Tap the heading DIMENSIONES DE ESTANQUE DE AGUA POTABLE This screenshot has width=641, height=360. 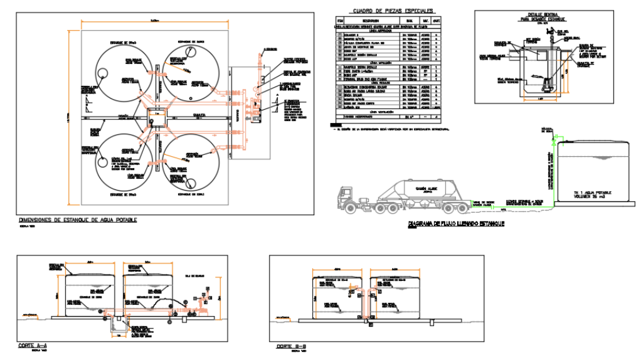[x=78, y=220]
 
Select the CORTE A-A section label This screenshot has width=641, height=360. [x=33, y=346]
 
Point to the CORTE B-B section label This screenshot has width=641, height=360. [x=290, y=346]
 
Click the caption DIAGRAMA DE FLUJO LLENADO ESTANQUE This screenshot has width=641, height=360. [x=456, y=223]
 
